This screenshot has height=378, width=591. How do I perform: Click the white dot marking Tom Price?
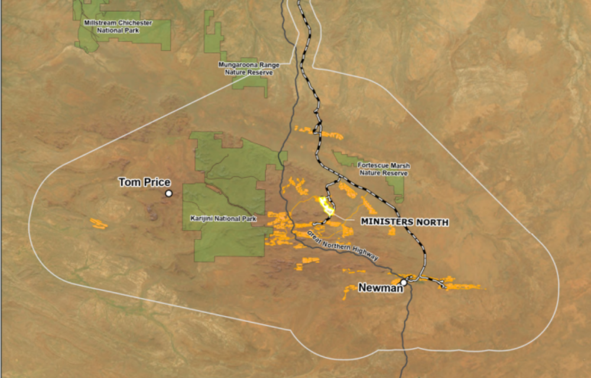pos(168,193)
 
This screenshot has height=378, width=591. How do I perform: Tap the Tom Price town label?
pos(144,183)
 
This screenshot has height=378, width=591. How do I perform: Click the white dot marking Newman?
pos(404,282)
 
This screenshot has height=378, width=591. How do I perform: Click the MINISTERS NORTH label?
pos(404,222)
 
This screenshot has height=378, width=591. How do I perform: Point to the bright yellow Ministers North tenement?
pos(326,206)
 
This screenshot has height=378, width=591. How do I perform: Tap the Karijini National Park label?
pos(223,219)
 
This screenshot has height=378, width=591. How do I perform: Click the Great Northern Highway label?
pos(342,246)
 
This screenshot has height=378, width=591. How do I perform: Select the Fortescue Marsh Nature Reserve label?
pos(384,170)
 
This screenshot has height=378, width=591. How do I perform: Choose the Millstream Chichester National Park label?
pos(118,26)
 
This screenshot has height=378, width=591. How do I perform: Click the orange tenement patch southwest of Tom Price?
pos(99,224)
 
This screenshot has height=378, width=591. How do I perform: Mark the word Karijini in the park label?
pos(202,219)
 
